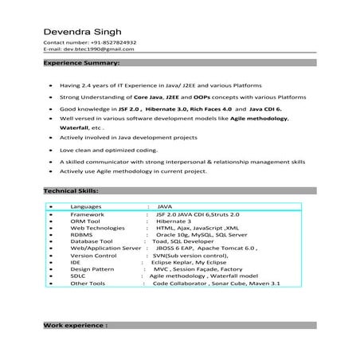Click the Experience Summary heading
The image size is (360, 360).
coord(81,62)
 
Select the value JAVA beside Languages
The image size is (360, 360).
coord(164,206)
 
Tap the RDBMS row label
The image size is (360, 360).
coord(81,236)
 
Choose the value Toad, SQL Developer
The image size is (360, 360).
coord(182,242)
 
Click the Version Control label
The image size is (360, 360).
coord(93,256)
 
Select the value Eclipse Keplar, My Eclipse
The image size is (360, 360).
coord(182,262)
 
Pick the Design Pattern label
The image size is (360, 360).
coord(92,269)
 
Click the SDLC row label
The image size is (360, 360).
coord(78,276)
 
